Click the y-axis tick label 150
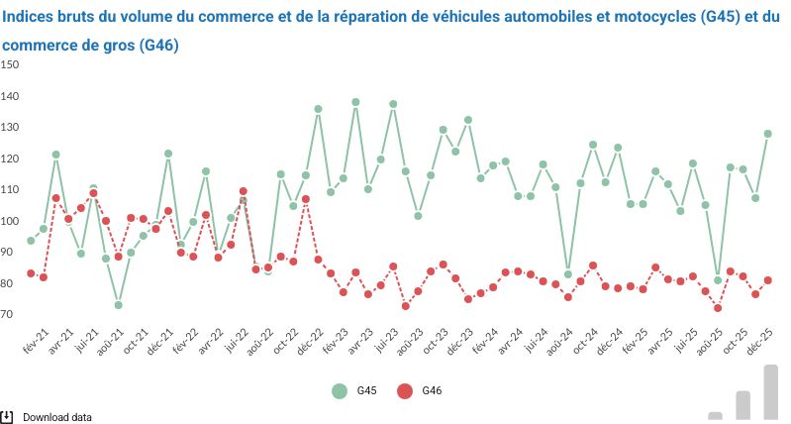[x=10, y=64]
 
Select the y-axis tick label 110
[x=10, y=189]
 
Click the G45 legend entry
[x=353, y=391]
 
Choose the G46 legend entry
[x=418, y=391]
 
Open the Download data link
[x=56, y=417]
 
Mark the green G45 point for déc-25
[x=767, y=134]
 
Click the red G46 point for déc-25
[x=767, y=280]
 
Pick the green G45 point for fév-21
[x=31, y=241]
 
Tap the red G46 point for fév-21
[x=31, y=273]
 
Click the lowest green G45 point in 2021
[x=118, y=305]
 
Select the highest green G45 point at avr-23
[x=355, y=102]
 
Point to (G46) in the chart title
[x=159, y=46]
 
